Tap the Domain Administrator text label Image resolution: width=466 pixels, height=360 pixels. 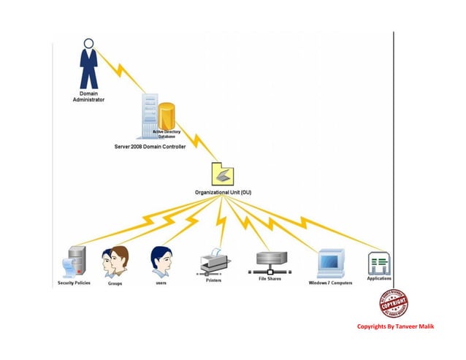coord(88,96)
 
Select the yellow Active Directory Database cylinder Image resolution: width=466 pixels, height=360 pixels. coord(167,117)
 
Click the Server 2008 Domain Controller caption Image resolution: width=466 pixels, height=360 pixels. coord(150,147)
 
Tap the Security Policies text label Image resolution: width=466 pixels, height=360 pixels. coord(75,283)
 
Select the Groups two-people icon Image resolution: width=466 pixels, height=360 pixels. coord(115,263)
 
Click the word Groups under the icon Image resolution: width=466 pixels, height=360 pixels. coord(115,283)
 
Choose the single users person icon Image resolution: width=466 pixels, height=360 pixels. coord(161,261)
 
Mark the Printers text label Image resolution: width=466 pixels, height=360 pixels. coord(213,280)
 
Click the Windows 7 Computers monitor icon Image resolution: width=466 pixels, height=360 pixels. coord(330,262)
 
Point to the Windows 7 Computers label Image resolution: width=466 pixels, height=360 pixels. coord(330,283)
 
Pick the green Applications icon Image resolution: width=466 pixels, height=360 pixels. coord(379,262)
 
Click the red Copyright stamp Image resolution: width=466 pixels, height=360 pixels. coord(393,303)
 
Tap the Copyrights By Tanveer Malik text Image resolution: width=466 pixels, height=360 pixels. coord(395,326)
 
